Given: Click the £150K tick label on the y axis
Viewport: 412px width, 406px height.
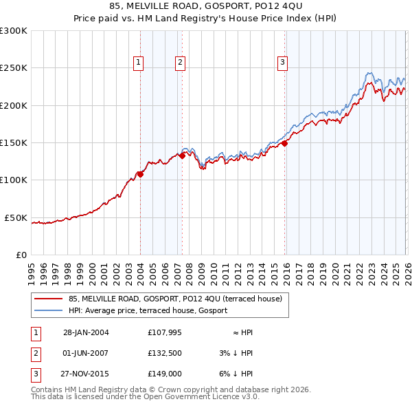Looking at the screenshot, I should pos(13,142).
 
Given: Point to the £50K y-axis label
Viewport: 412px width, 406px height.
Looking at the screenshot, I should pos(15,217).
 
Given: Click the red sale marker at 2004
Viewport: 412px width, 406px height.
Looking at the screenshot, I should pos(140,174).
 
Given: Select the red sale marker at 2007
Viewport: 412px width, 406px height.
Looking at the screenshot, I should pos(182,156).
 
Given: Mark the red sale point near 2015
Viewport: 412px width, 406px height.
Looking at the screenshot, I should pos(284,143).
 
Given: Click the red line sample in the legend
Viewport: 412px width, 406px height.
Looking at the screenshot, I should pos(48,299).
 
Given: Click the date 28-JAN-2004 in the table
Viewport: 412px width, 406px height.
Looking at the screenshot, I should pos(86,332).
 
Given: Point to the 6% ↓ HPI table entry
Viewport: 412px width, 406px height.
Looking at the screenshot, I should pos(236,374).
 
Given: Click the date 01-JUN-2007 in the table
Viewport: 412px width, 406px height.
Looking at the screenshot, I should pos(86,354).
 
